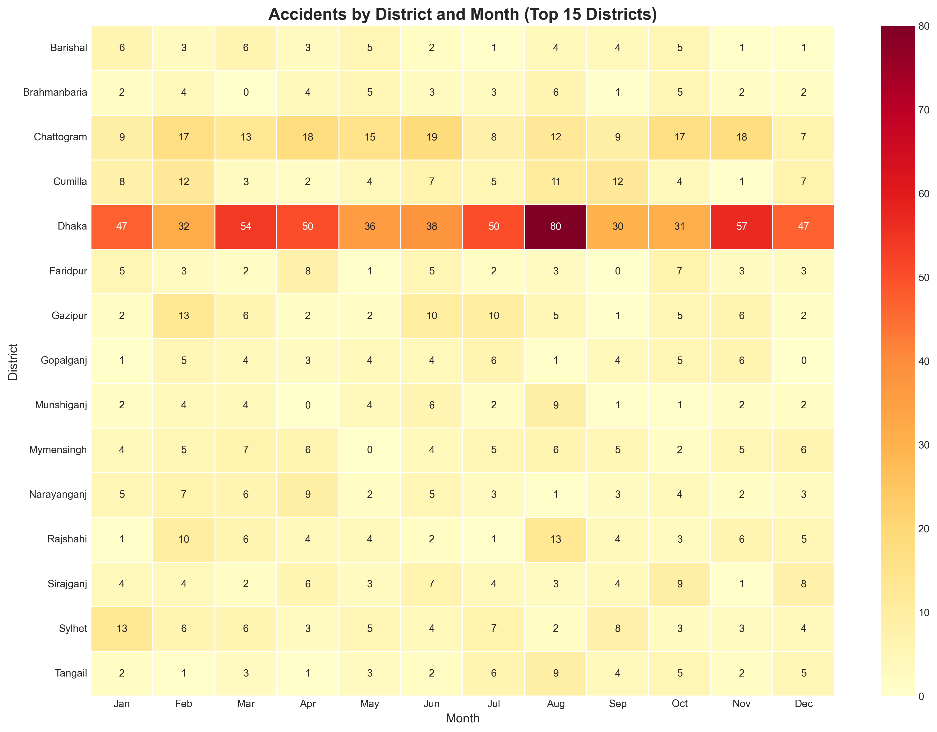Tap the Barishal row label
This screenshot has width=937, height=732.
69,48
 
